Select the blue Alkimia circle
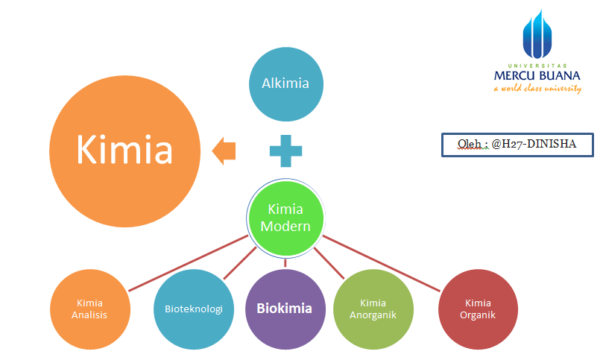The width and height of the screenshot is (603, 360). pyautogui.click(x=285, y=83)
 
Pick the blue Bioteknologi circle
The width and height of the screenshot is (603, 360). pyautogui.click(x=193, y=309)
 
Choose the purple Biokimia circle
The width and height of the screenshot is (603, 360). pyautogui.click(x=285, y=309)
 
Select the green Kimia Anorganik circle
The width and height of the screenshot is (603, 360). pyautogui.click(x=372, y=309)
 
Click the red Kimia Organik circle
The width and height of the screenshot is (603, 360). pyautogui.click(x=477, y=309)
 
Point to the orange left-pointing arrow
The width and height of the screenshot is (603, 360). pyautogui.click(x=224, y=151)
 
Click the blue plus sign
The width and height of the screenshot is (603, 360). pyautogui.click(x=285, y=151)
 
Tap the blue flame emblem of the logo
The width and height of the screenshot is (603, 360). pyautogui.click(x=537, y=34)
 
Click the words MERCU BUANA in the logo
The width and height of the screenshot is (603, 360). pyautogui.click(x=537, y=76)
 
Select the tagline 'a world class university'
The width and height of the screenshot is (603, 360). pyautogui.click(x=537, y=89)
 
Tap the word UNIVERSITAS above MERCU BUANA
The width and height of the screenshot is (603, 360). pyautogui.click(x=537, y=65)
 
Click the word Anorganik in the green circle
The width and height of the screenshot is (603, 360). pyautogui.click(x=372, y=315)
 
